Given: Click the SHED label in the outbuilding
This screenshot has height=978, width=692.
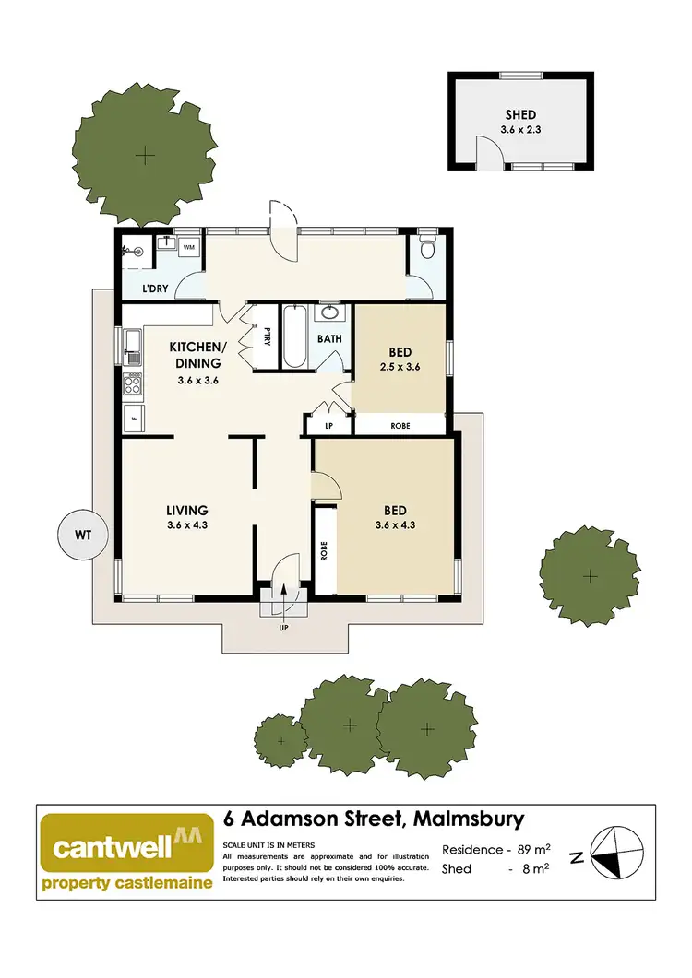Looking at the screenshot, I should point(520,115).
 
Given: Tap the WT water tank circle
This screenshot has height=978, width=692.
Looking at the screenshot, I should point(83,534).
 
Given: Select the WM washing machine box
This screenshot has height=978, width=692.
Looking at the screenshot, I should point(188,247).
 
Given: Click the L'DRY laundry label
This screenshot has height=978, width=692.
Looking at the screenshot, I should point(155,289).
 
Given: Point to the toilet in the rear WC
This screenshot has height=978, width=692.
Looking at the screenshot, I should point(426,247).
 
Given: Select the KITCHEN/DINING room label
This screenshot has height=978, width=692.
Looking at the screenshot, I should point(197,355).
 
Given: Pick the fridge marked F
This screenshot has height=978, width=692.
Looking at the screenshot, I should point(133,418).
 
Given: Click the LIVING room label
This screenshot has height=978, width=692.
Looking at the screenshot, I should point(187,510).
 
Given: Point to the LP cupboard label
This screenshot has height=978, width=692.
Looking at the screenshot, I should point(328,426).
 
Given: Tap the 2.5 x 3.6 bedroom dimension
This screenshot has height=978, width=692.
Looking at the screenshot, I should point(400,366).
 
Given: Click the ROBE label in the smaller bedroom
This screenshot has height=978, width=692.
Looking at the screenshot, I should point(400,426).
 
